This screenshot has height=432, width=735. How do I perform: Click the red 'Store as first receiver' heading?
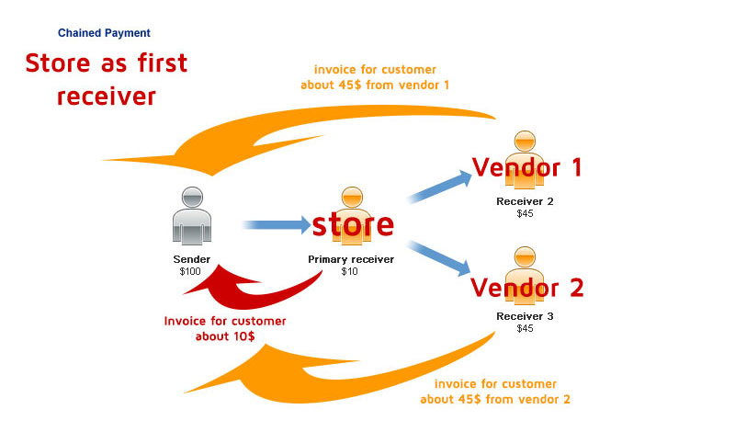tap(106, 79)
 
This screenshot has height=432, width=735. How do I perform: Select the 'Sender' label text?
tap(191, 259)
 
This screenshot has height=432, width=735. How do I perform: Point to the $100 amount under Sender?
tap(191, 271)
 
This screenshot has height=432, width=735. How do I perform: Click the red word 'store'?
tap(353, 223)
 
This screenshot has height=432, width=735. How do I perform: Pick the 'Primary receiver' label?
tap(351, 259)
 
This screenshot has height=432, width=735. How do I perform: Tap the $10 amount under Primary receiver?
tap(350, 271)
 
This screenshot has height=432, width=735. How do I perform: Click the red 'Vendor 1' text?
tap(526, 167)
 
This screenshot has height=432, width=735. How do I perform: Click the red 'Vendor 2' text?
tap(526, 288)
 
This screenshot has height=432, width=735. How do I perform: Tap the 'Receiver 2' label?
tap(525, 201)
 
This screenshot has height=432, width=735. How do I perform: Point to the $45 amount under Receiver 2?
tap(525, 213)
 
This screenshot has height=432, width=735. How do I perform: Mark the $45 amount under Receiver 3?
tap(525, 328)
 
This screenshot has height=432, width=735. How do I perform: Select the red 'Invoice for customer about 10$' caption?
tap(225, 328)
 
